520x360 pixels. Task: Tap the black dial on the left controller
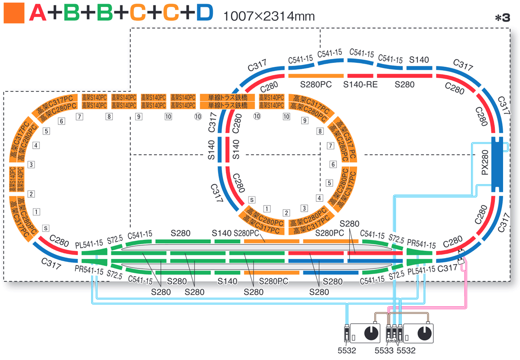[370, 334]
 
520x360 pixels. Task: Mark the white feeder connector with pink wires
[461, 254]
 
